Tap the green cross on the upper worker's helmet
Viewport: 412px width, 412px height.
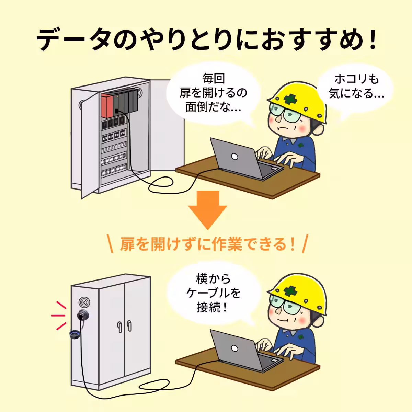(x=290, y=98)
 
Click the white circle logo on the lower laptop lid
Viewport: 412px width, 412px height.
(x=235, y=348)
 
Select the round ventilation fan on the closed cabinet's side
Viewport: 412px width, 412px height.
(x=84, y=302)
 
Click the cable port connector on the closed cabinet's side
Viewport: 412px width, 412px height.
(x=83, y=314)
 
